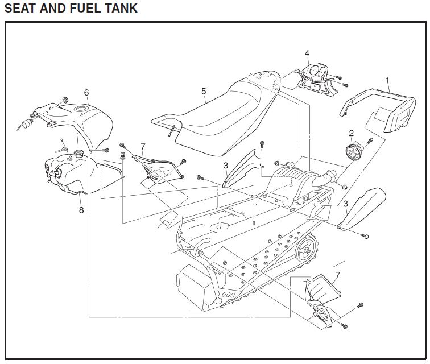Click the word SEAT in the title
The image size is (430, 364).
tap(20, 9)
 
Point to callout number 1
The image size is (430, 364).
tap(388, 80)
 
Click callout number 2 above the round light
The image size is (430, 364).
tap(352, 133)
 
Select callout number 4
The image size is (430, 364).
tap(307, 53)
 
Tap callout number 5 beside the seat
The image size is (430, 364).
tap(203, 90)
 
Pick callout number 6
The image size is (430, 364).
tap(86, 92)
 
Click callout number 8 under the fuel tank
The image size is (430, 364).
tap(81, 210)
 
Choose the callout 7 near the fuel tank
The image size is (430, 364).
tap(143, 146)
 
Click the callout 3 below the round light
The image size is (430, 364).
tap(345, 204)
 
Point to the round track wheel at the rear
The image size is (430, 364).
tap(307, 246)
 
